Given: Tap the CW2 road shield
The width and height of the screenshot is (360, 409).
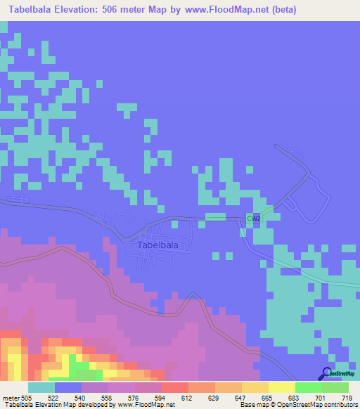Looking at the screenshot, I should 254,219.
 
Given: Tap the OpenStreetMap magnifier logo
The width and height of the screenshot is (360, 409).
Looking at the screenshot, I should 327,374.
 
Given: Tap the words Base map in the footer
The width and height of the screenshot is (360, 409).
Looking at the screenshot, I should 252,405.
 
